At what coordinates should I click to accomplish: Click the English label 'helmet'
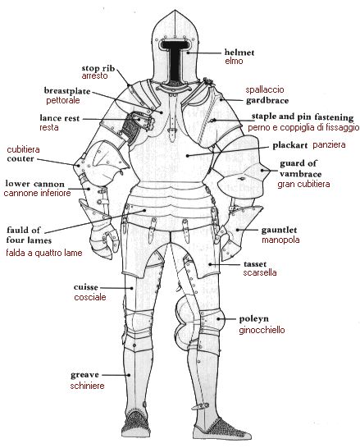coord(239,53)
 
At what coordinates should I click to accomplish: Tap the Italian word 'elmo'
coord(234,61)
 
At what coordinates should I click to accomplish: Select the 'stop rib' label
coord(98,68)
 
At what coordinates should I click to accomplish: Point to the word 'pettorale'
coord(63,100)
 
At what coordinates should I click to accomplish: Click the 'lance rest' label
coord(59,118)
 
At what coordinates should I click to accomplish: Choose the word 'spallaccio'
coord(265,89)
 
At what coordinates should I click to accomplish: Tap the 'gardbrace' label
coord(267,101)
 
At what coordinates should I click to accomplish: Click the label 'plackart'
coord(289,145)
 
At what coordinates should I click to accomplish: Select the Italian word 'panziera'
coord(329,145)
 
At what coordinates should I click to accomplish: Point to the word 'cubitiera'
coord(23,149)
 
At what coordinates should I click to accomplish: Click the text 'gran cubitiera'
coord(303,184)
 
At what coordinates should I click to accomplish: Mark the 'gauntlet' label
coord(279,230)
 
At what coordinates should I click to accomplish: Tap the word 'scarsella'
coord(259,272)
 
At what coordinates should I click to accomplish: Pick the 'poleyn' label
coord(253,319)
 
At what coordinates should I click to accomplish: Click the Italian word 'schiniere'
coord(87,386)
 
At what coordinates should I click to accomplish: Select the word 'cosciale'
coord(90,297)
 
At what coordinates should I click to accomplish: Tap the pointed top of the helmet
coord(175,11)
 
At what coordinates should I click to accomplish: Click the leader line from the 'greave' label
coord(116,375)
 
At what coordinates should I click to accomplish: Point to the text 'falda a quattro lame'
coord(44,253)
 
